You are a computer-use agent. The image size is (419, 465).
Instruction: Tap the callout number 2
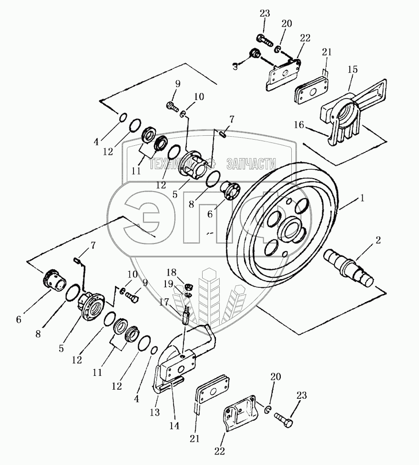coord(378,241)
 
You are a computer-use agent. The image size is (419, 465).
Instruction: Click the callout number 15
coord(352,70)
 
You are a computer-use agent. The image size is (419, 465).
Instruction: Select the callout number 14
coord(175,426)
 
